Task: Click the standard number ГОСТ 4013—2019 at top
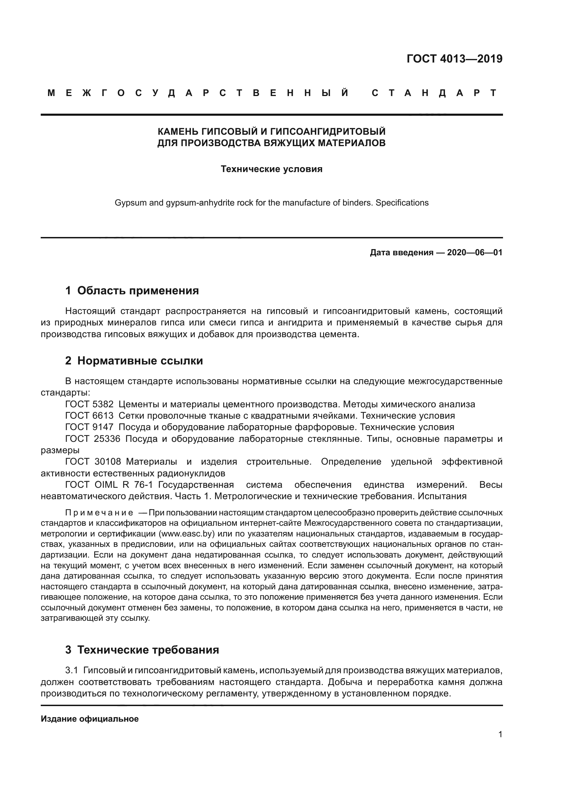click(x=454, y=59)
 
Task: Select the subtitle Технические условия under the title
click(x=271, y=169)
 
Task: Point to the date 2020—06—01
click(x=475, y=253)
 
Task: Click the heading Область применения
click(x=138, y=291)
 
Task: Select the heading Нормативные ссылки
click(x=140, y=361)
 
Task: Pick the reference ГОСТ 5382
click(x=89, y=405)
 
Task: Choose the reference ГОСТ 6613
click(x=89, y=416)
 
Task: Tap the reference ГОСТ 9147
click(x=89, y=427)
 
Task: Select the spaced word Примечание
click(x=99, y=513)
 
